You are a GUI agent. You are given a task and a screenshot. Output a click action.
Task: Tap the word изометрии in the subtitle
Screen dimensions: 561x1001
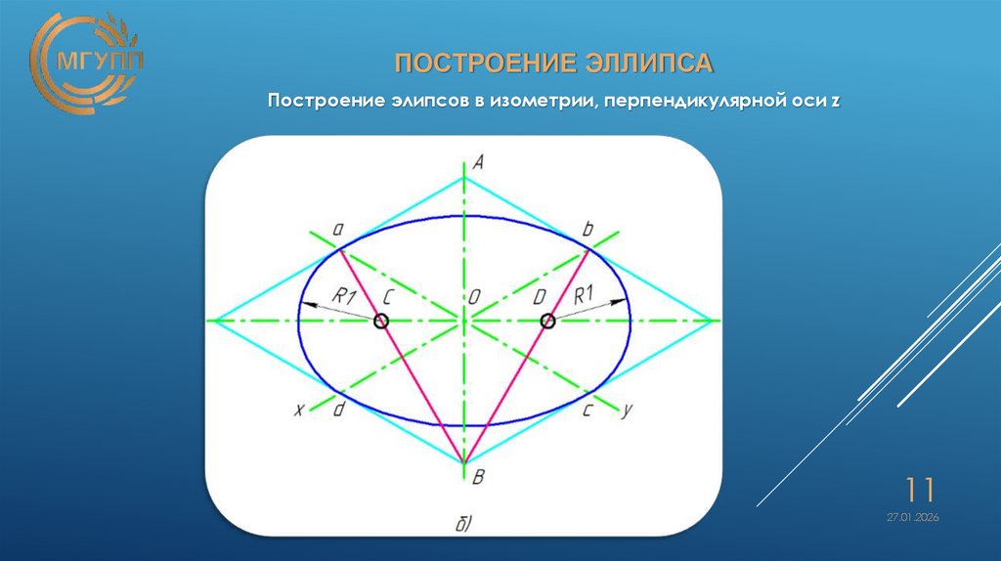536,101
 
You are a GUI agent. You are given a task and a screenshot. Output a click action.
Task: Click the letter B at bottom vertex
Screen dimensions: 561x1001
477,477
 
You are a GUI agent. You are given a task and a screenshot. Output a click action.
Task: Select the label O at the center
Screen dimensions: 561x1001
474,299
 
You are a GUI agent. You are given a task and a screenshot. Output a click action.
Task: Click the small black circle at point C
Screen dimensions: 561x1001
381,321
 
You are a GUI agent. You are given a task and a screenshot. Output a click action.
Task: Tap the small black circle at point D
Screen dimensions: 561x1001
547,321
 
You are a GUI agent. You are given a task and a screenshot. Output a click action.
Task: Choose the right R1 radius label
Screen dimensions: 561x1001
586,294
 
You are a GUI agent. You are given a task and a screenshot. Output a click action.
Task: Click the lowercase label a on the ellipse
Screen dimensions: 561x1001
337,230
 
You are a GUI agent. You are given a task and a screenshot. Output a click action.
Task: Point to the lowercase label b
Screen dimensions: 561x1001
588,230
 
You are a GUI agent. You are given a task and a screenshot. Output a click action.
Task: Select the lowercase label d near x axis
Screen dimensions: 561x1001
337,410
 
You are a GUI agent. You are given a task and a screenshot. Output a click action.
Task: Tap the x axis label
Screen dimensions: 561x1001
298,410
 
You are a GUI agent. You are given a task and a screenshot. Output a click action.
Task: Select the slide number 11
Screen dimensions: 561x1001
920,488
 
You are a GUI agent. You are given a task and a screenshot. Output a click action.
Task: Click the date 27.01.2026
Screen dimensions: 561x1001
913,517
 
